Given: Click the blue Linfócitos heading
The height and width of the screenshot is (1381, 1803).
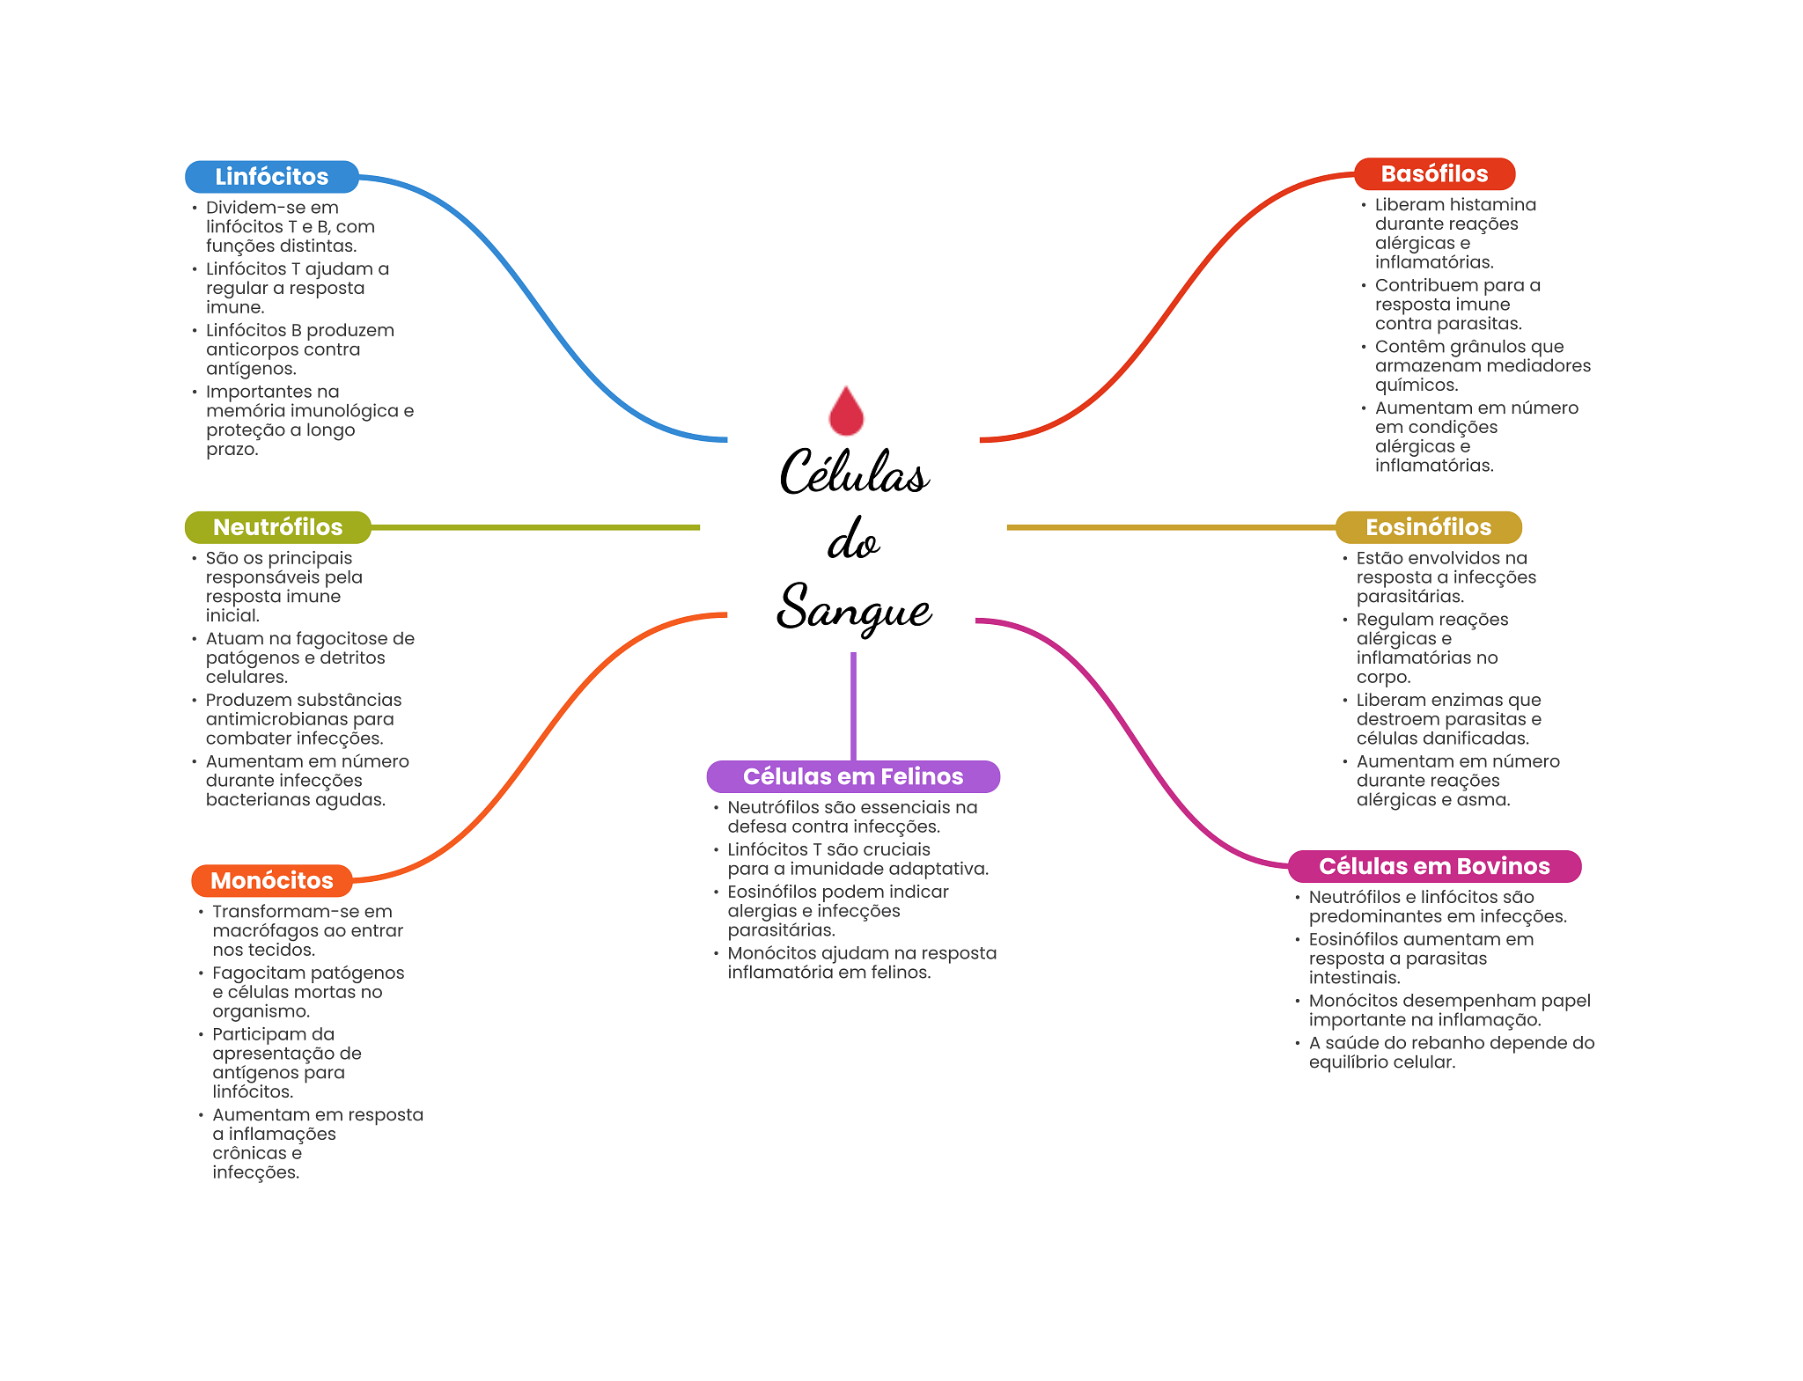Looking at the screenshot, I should tap(271, 177).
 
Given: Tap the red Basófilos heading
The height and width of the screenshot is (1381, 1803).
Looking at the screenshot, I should tap(1433, 174).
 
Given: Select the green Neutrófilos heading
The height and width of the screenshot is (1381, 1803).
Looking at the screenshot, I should tap(277, 527).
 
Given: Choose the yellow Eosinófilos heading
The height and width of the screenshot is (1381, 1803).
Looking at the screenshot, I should tap(1428, 527).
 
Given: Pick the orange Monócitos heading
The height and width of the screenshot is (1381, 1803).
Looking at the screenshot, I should tap(271, 880).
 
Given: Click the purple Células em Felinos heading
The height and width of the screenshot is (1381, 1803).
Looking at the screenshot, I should tap(852, 776).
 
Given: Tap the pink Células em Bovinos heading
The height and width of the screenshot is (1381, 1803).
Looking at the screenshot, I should tap(1433, 866).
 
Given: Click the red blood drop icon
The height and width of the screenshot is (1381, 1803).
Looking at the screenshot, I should tap(846, 411).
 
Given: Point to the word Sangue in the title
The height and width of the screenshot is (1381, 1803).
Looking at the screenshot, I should tap(853, 608).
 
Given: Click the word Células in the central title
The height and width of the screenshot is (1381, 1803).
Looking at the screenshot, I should tap(853, 473).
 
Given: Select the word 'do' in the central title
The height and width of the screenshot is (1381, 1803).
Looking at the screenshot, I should tap(852, 540).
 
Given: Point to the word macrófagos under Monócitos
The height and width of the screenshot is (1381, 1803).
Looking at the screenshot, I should tap(261, 930).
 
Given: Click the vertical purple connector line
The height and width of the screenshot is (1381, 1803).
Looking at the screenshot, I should tap(853, 704).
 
